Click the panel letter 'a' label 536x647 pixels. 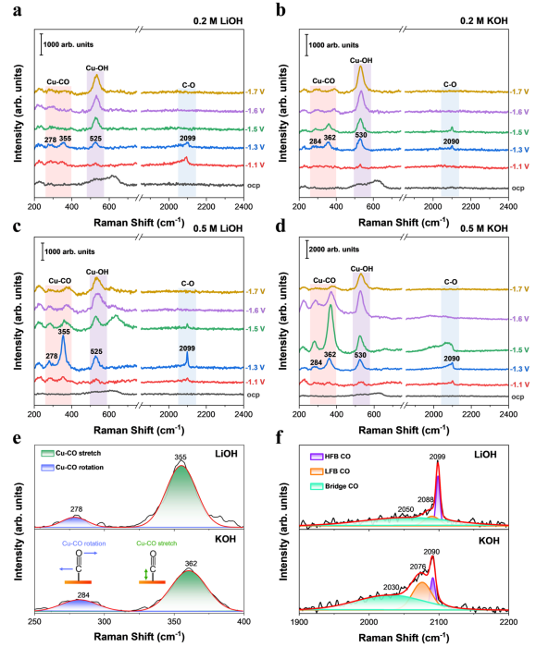[17, 11]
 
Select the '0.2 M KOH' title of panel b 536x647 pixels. [483, 20]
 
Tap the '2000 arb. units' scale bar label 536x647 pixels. [334, 250]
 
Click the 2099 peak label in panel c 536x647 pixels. [187, 348]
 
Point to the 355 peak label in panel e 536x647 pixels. [181, 457]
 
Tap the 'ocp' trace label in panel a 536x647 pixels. [254, 186]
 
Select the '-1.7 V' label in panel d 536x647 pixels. [520, 289]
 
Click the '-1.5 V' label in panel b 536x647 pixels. [520, 132]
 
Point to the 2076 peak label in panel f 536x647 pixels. [418, 567]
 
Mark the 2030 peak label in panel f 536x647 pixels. [392, 587]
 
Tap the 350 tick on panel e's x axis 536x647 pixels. [174, 622]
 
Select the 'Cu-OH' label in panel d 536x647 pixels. [362, 269]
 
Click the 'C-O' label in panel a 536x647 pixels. [189, 85]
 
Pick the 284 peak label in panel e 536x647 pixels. [83, 595]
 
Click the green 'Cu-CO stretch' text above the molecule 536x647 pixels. [156, 543]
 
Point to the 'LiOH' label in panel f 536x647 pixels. [485, 455]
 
